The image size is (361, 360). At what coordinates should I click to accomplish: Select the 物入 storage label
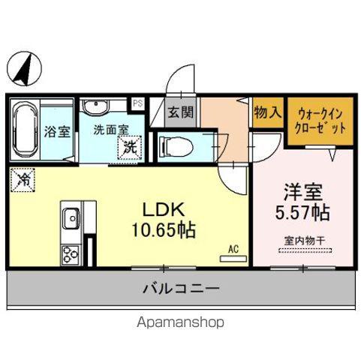tap(268, 113)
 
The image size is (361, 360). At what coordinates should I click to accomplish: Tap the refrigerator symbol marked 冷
tap(24, 180)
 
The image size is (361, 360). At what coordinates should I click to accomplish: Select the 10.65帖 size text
tap(165, 230)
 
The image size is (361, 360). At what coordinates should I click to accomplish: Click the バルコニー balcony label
tap(180, 288)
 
